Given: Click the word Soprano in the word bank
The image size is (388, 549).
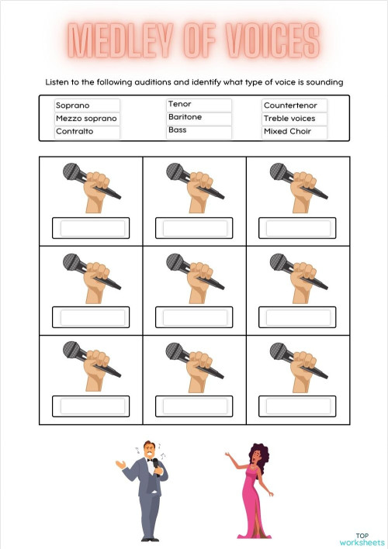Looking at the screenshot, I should [73, 105].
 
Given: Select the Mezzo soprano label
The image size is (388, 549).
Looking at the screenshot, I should [86, 119].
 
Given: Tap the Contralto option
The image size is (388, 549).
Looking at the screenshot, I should [74, 132].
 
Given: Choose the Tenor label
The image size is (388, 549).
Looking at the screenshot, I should [179, 104].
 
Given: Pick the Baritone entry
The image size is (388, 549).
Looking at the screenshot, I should [185, 117].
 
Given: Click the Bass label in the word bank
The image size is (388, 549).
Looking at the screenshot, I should [178, 130].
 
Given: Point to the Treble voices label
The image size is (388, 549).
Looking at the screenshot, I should [293, 119].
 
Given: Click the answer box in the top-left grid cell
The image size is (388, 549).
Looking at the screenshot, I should [91, 228].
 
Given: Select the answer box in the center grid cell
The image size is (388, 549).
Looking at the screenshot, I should [194, 317].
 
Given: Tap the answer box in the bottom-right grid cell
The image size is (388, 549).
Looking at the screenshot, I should [298, 406].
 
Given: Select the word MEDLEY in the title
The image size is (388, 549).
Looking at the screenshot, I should [126, 40].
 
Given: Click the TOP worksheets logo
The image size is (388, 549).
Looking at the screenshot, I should [362, 538].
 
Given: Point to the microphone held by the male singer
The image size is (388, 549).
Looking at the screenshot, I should [155, 464].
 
